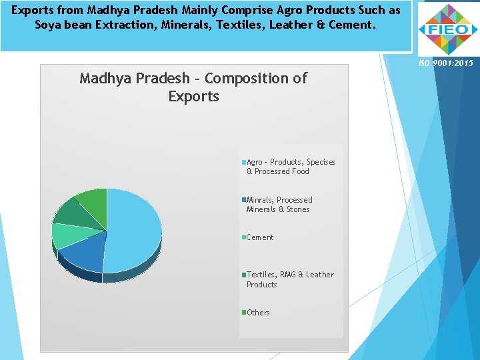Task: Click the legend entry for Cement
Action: click(x=259, y=237)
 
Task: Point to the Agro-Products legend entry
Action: click(x=291, y=167)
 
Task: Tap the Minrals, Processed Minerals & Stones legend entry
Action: click(x=279, y=205)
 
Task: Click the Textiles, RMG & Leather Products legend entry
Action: click(x=289, y=279)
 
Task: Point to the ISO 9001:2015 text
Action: click(x=445, y=63)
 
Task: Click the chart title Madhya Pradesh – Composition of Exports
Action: click(x=193, y=87)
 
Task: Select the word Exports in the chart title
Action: click(x=193, y=97)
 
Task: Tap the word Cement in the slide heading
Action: click(x=355, y=25)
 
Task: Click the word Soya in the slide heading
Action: click(x=49, y=25)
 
